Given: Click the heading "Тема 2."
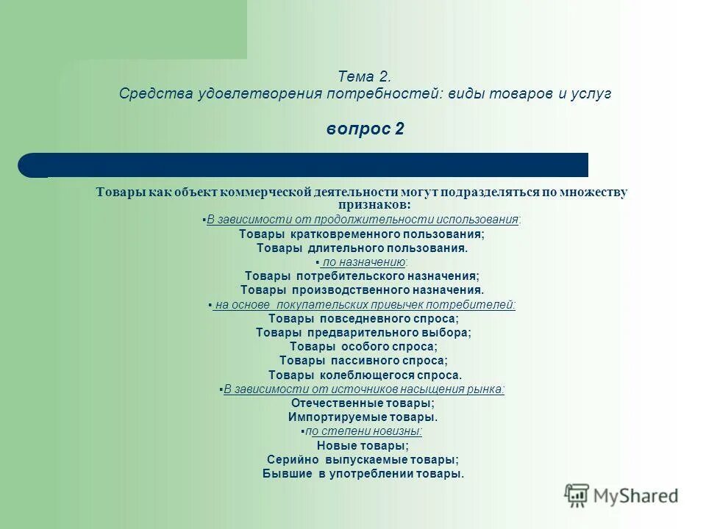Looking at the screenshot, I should pyautogui.click(x=365, y=76).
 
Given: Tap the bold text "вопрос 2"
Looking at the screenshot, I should pyautogui.click(x=365, y=129).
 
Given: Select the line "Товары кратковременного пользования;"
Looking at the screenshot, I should pyautogui.click(x=362, y=234).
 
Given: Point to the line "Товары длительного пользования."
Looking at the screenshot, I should pyautogui.click(x=362, y=248).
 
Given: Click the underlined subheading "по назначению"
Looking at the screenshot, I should pyautogui.click(x=363, y=262).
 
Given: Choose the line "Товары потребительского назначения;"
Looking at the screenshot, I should pyautogui.click(x=362, y=276).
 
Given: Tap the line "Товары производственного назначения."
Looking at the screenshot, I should pyautogui.click(x=362, y=290).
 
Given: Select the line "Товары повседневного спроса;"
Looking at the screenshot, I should pyautogui.click(x=363, y=319).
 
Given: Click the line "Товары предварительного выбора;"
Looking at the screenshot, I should pyautogui.click(x=363, y=332).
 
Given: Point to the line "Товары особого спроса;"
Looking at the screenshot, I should pyautogui.click(x=363, y=346).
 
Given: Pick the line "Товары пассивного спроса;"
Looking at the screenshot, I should pyautogui.click(x=363, y=360).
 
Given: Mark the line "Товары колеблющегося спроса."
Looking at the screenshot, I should pyautogui.click(x=363, y=375).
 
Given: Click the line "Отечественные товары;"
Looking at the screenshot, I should pyautogui.click(x=363, y=403).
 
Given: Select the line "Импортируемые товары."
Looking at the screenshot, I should pyautogui.click(x=363, y=417).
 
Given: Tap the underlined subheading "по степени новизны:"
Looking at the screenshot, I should pyautogui.click(x=363, y=431).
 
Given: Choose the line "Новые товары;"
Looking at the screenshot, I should pyautogui.click(x=363, y=445).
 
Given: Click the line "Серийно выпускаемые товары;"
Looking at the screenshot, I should pyautogui.click(x=363, y=459).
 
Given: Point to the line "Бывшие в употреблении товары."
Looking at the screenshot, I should pyautogui.click(x=363, y=474).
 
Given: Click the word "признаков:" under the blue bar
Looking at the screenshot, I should pyautogui.click(x=375, y=204).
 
